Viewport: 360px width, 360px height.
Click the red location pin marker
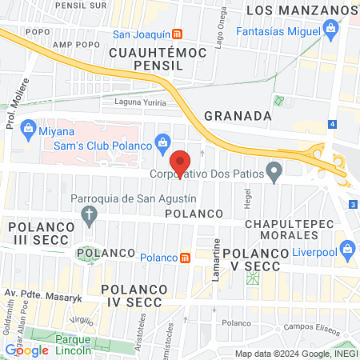point(182,162)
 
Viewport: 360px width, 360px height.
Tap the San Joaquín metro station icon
point(178,34)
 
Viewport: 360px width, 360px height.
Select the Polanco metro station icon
point(186,257)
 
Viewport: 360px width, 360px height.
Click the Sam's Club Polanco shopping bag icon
point(163,142)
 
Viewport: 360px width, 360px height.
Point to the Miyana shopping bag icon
point(28,128)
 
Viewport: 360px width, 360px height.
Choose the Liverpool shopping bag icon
point(347,251)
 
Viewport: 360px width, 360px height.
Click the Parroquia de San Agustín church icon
point(89,214)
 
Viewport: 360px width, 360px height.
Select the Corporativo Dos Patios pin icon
point(274,171)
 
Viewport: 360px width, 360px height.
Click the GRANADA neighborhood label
point(238,115)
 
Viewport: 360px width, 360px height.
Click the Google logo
point(26,350)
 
